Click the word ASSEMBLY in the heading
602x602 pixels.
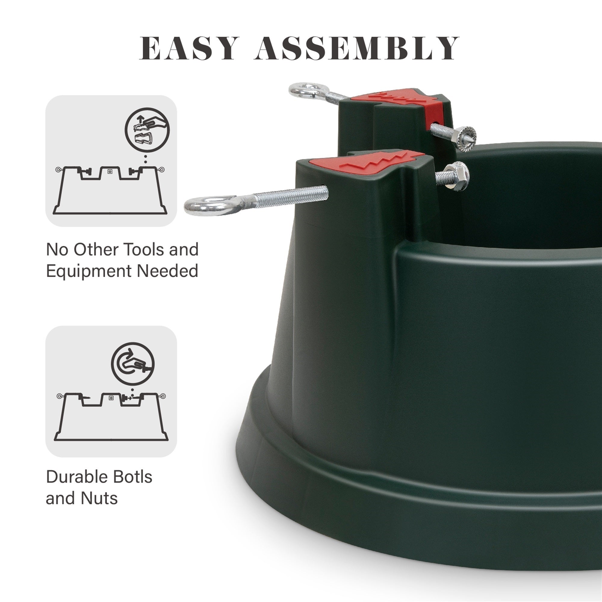357,48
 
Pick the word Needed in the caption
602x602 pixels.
167,271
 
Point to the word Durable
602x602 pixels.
77,476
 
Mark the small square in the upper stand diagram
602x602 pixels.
109,172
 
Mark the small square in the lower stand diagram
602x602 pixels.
110,398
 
